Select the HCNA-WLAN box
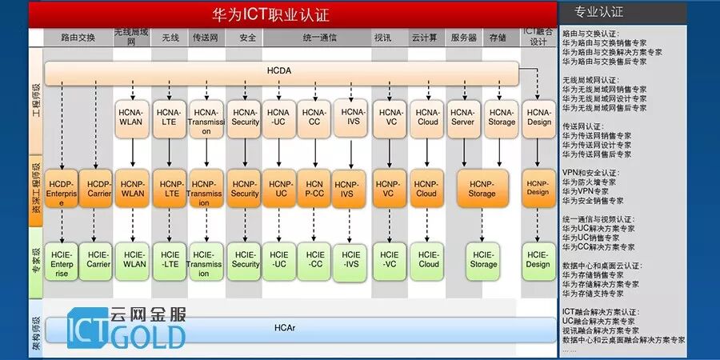click(132, 117)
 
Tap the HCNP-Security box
click(245, 188)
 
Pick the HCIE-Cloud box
click(428, 259)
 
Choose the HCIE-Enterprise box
click(62, 263)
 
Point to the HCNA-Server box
click(462, 117)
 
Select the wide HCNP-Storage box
click(482, 188)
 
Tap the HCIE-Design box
click(538, 259)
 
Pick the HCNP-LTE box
click(170, 188)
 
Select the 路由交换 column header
click(78, 38)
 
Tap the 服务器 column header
click(463, 38)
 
